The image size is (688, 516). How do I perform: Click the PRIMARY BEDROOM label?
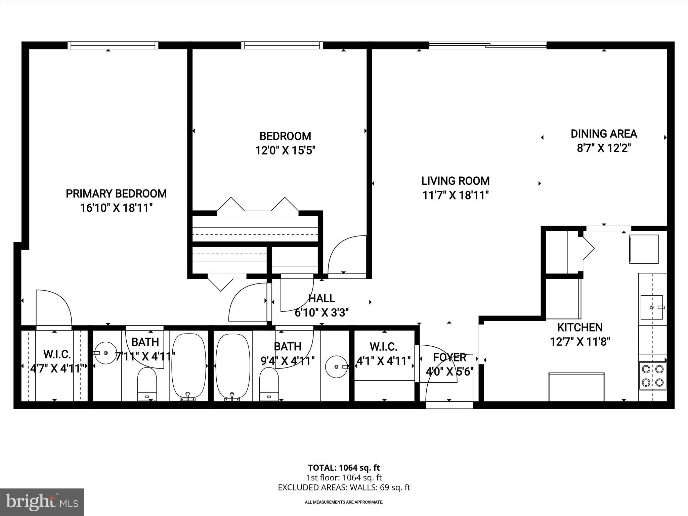(116, 194)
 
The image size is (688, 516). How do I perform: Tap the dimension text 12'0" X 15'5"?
(285, 150)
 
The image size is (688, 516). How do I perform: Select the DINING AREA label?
(604, 134)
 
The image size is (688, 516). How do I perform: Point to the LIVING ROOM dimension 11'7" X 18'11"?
(455, 195)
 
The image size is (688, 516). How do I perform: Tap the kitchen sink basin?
(651, 307)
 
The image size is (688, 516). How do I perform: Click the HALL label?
(321, 298)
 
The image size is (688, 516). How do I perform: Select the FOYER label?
(449, 357)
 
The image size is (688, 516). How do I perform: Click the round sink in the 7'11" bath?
(105, 353)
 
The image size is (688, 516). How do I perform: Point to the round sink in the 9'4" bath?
(336, 367)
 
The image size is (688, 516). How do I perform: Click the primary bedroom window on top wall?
(113, 45)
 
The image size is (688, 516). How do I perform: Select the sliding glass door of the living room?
(487, 45)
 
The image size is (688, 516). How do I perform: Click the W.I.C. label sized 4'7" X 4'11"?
(57, 354)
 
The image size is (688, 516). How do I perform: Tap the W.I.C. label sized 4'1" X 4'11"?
(383, 346)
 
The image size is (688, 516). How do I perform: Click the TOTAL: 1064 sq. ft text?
(344, 468)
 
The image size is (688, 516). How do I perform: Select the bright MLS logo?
(42, 502)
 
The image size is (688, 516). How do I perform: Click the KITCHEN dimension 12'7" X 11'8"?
(580, 342)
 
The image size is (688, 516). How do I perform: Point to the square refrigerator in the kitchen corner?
(644, 249)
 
